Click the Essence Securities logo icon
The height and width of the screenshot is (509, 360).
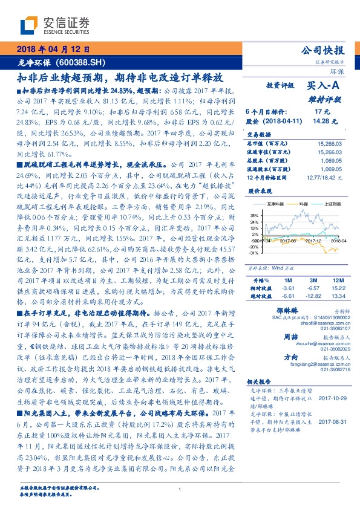pos(30,25)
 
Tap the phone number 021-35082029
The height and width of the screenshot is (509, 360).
pos(327,349)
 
